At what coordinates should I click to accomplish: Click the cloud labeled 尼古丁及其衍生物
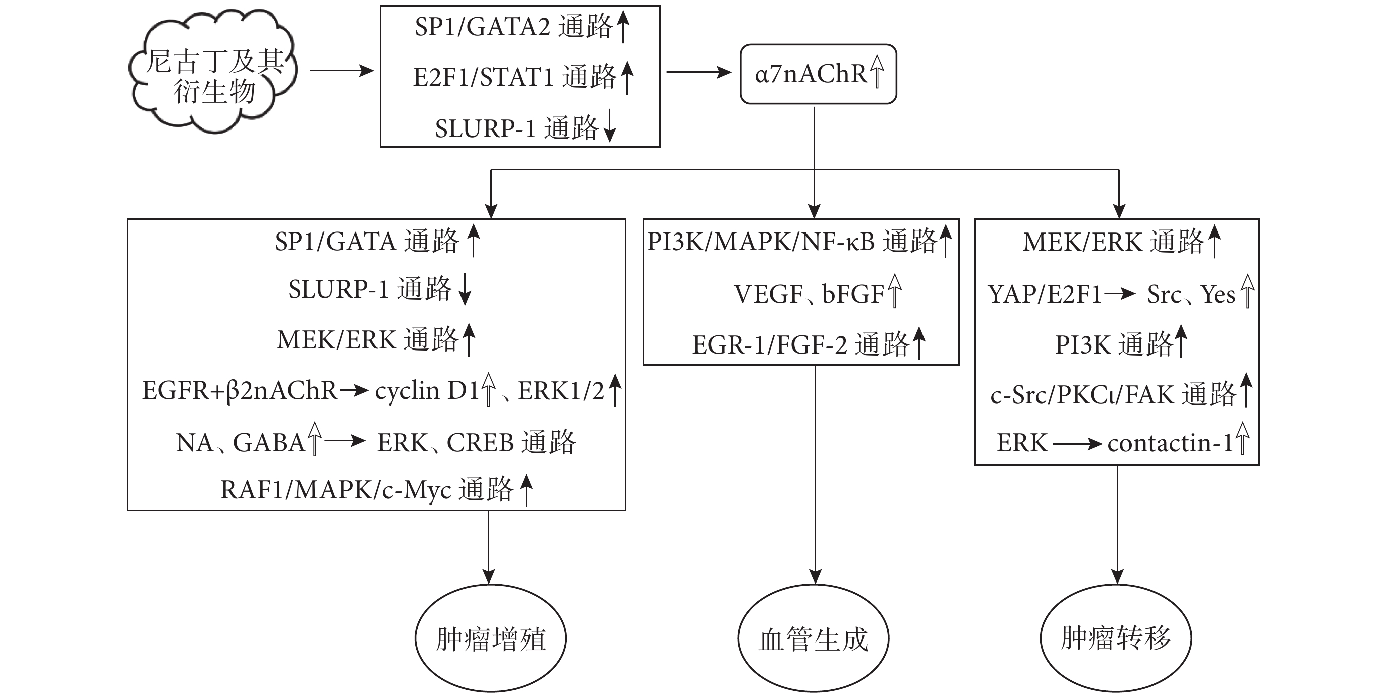coord(213,72)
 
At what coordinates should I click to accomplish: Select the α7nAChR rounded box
coord(818,74)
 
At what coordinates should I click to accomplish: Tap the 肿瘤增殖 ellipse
coord(491,638)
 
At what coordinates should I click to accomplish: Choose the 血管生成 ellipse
coord(814,638)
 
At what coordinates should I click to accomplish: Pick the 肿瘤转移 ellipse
coord(1116,638)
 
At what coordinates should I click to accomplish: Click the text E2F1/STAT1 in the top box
coord(484,77)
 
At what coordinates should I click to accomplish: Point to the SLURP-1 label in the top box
coord(485,129)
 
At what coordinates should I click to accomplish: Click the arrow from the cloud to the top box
coord(341,70)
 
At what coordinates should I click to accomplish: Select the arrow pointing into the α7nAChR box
coord(699,72)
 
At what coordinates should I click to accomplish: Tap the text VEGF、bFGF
coord(809,294)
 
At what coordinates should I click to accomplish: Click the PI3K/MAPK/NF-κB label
coord(762,242)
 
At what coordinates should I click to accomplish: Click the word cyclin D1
coord(426,391)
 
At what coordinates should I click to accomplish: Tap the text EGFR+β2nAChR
coord(239,391)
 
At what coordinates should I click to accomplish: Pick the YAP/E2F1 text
coord(1045,294)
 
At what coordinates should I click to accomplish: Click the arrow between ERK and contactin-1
coord(1078,444)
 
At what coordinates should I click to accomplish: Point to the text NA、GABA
coord(241,443)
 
